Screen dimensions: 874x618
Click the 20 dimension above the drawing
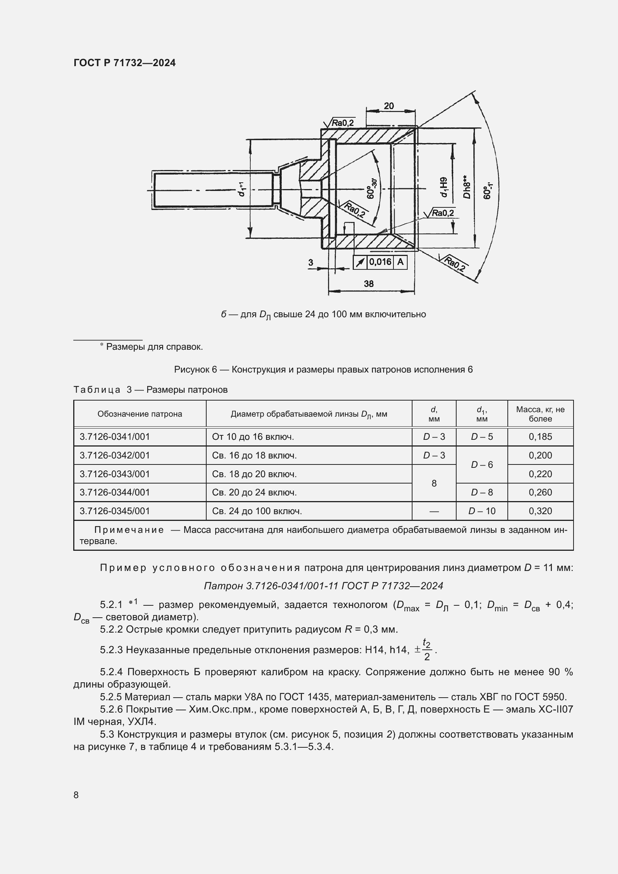tap(389, 106)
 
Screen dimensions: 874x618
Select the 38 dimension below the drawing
tap(368, 284)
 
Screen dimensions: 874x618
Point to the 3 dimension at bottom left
tap(310, 262)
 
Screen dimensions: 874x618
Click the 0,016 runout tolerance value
tap(380, 262)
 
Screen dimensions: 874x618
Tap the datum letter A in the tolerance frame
tap(400, 262)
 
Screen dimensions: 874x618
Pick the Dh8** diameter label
tap(467, 187)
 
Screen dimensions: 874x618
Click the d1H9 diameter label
tap(444, 187)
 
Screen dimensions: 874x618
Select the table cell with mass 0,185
tap(540, 436)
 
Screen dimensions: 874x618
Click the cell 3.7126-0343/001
tap(115, 474)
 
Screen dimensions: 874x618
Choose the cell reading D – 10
tap(482, 511)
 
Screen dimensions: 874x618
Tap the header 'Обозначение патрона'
tap(140, 414)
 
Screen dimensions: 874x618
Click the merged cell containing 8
tap(434, 484)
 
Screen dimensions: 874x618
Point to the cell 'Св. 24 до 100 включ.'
tap(257, 511)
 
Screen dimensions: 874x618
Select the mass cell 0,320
tap(540, 511)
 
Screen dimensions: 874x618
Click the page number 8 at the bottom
tap(76, 795)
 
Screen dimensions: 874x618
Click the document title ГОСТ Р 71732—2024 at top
tap(124, 63)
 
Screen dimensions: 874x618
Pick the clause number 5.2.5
tap(111, 697)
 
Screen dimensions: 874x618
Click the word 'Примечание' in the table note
tap(129, 530)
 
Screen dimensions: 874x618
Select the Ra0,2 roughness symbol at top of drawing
tap(340, 123)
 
